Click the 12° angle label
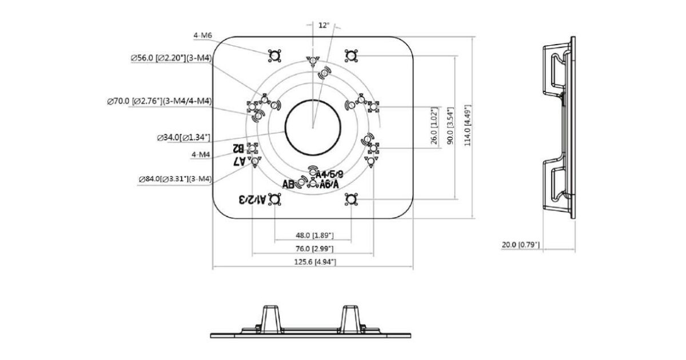(x=324, y=25)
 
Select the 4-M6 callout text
(x=203, y=35)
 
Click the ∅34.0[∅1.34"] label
(x=184, y=138)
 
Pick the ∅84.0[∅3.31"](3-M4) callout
(x=175, y=179)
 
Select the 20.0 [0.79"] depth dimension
(x=521, y=245)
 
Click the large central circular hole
(x=313, y=129)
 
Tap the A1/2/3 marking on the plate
(x=252, y=199)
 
